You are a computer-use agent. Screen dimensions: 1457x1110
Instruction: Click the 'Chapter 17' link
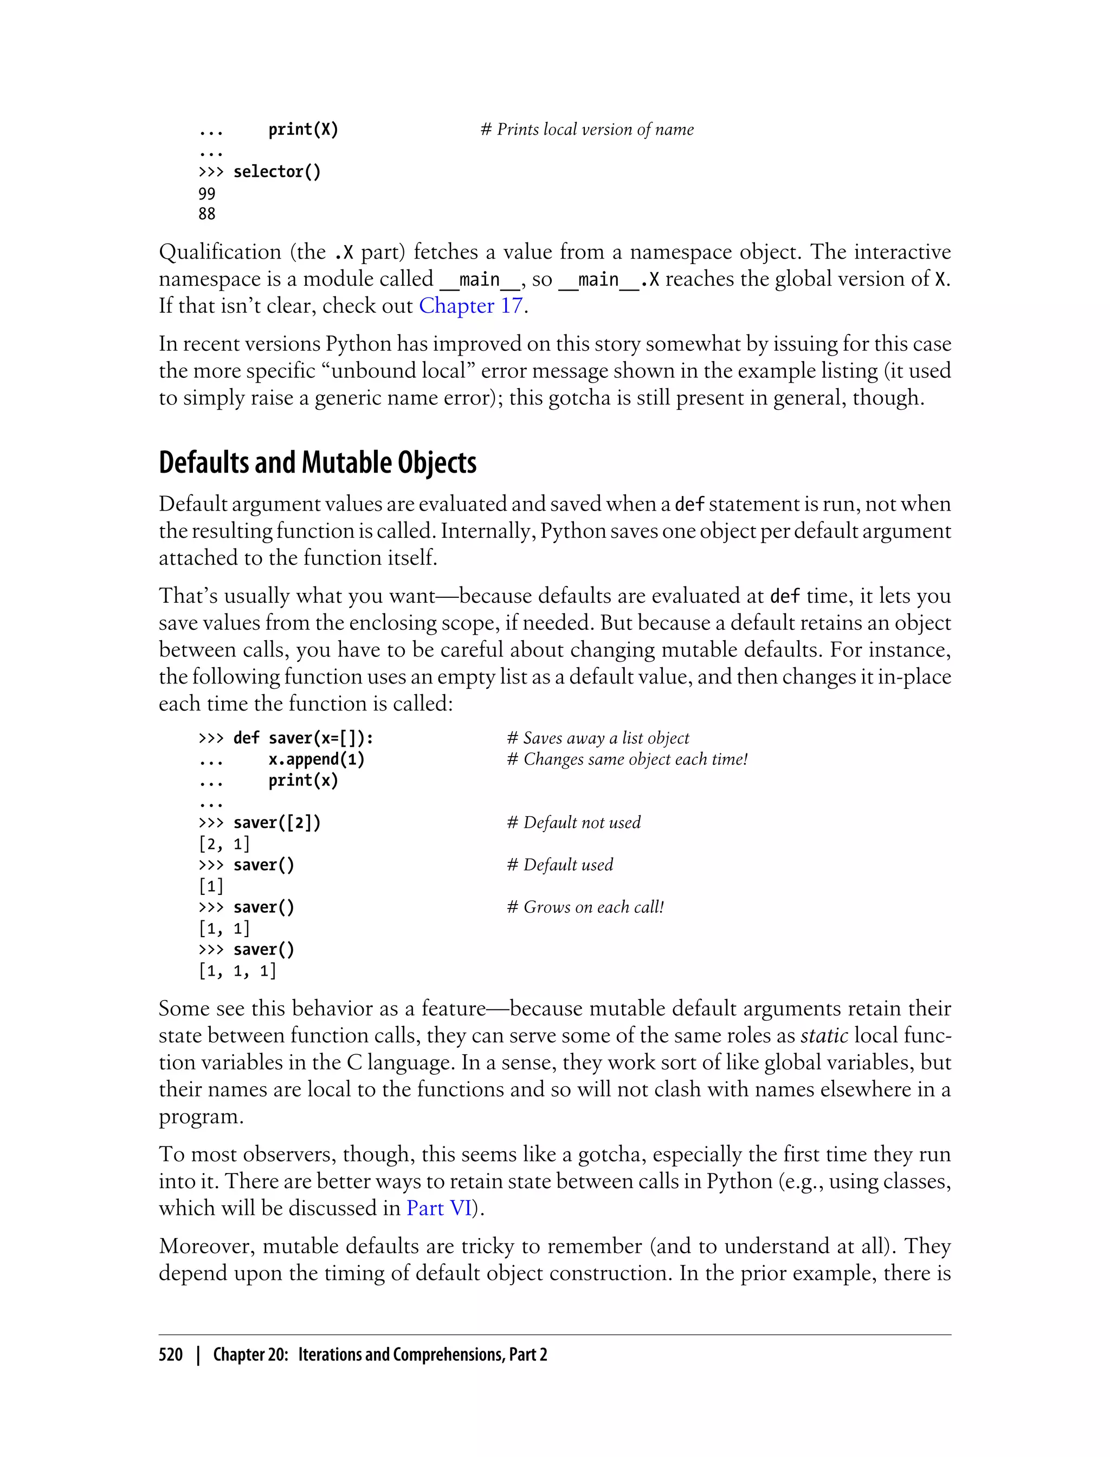pyautogui.click(x=471, y=306)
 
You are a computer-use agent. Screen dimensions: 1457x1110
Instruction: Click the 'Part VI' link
pyautogui.click(x=438, y=1208)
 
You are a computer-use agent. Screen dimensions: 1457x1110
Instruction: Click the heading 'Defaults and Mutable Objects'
pyautogui.click(x=317, y=462)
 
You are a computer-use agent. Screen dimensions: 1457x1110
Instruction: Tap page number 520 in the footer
pyautogui.click(x=171, y=1354)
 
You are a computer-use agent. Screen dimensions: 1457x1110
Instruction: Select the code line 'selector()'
pyautogui.click(x=277, y=172)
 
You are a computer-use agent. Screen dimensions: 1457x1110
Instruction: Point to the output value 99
pyautogui.click(x=207, y=194)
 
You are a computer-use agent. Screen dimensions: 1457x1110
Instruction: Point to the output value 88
pyautogui.click(x=207, y=214)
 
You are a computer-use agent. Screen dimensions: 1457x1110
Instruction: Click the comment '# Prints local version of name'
pyautogui.click(x=587, y=130)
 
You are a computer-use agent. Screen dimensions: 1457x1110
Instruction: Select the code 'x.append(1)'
pyautogui.click(x=317, y=759)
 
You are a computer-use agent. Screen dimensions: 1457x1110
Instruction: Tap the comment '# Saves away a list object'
pyautogui.click(x=598, y=738)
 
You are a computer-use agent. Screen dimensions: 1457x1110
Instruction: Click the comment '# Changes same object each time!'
pyautogui.click(x=627, y=759)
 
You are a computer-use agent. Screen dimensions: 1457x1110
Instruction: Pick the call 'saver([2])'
pyautogui.click(x=277, y=823)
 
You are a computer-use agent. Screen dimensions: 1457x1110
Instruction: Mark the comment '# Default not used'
pyautogui.click(x=573, y=823)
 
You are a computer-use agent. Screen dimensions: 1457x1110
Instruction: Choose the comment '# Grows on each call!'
pyautogui.click(x=585, y=907)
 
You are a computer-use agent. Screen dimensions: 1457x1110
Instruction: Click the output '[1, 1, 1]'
pyautogui.click(x=237, y=971)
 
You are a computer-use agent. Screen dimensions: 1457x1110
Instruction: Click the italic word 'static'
pyautogui.click(x=824, y=1035)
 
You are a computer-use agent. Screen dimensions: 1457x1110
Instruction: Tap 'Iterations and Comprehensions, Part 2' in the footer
pyautogui.click(x=422, y=1354)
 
